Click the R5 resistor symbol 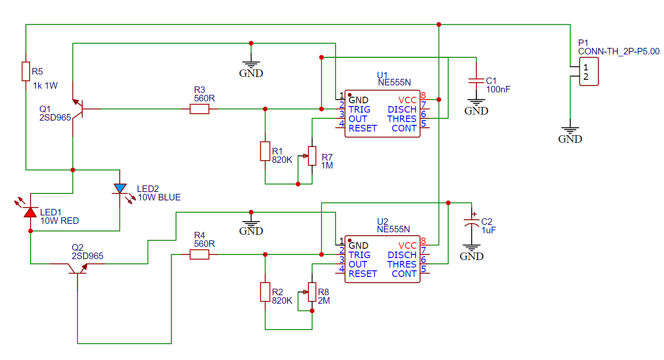coord(26,71)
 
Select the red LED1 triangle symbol coord(30,212)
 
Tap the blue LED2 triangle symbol coord(120,189)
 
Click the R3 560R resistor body coord(199,109)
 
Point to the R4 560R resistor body coord(199,254)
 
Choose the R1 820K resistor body coord(265,151)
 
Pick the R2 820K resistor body coord(265,292)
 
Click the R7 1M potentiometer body coord(312,156)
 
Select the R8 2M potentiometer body coord(312,292)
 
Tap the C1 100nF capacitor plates coord(476,81)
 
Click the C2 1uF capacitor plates coord(471,222)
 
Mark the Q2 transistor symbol coord(77,268)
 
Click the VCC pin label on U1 coord(407,100)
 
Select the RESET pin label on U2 coord(363,274)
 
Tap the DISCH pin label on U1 coord(402,110)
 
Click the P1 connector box coord(589,71)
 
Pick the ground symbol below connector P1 coord(570,131)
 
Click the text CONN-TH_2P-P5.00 coord(618,52)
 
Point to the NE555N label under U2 coord(393,229)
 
